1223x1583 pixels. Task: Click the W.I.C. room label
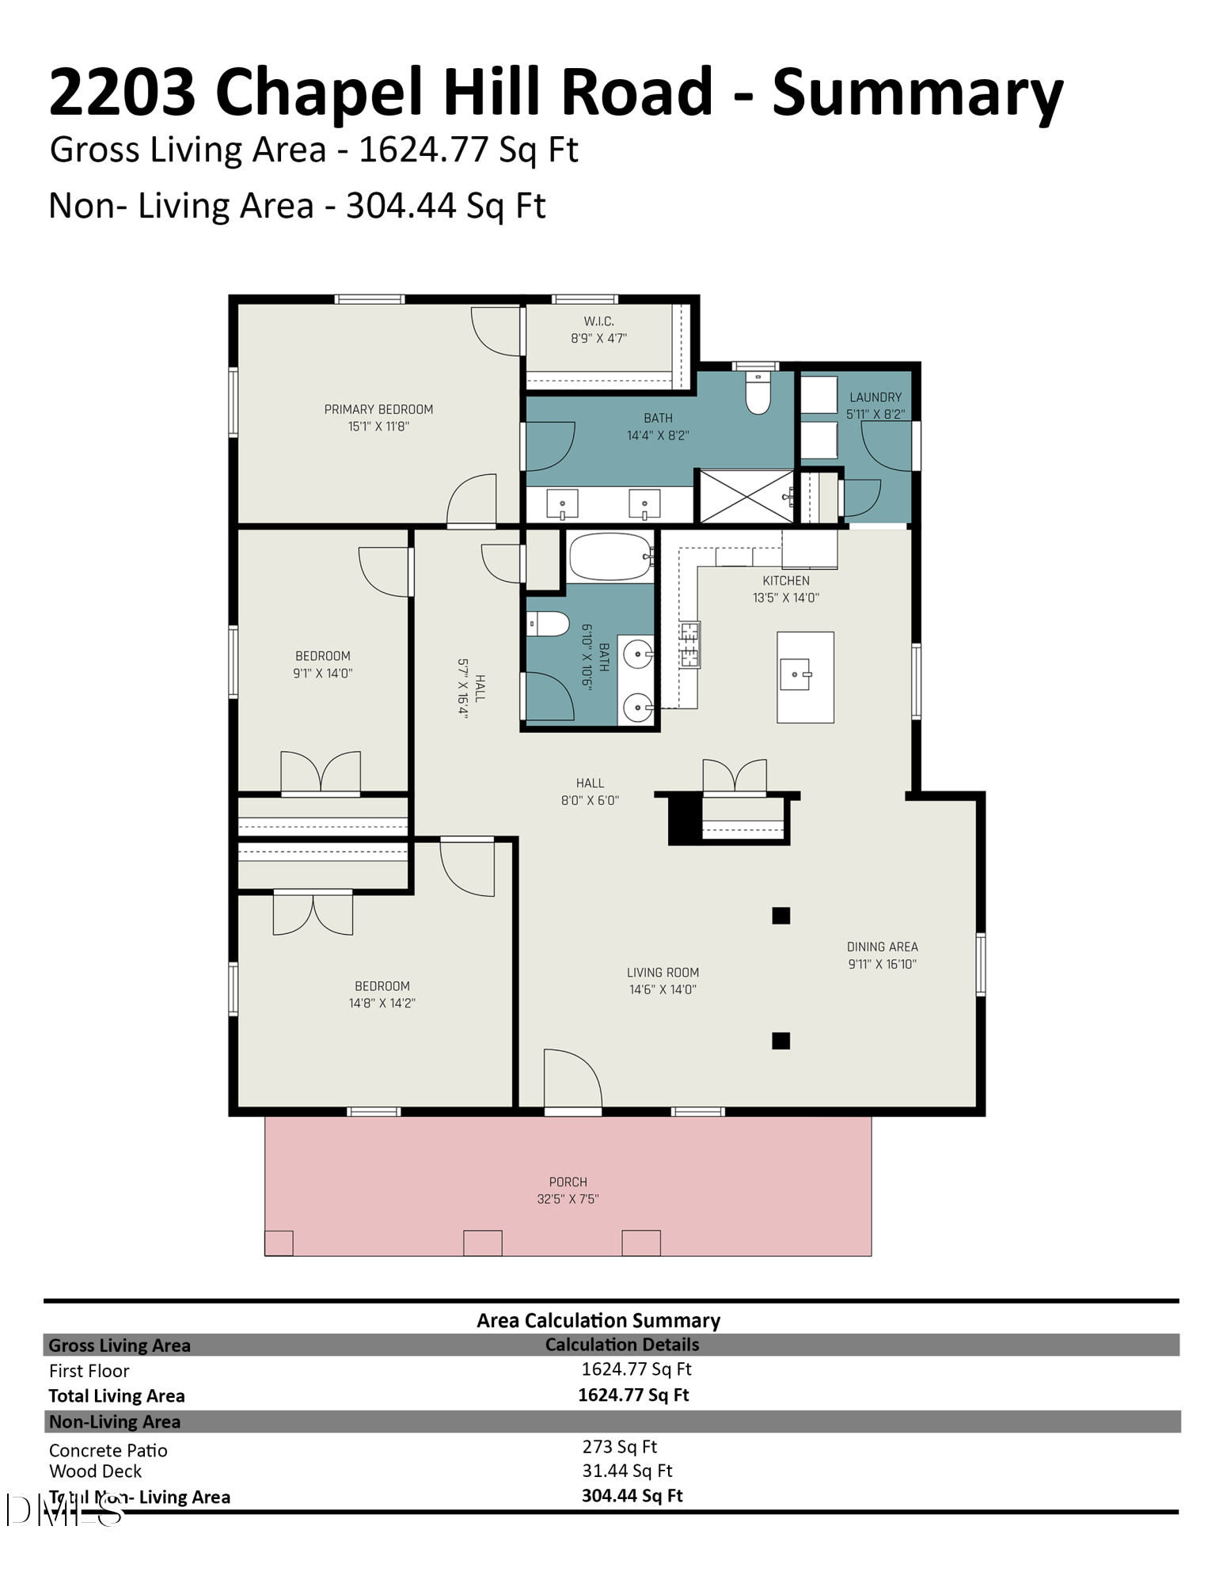[x=598, y=321]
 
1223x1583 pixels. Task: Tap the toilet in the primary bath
[x=758, y=393]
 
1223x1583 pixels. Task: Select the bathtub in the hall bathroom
[x=610, y=556]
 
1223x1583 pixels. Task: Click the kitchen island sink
[x=796, y=674]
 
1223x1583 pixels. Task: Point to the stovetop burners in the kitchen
[x=689, y=643]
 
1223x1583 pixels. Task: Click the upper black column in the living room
[x=781, y=916]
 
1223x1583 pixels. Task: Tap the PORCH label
[x=568, y=1182]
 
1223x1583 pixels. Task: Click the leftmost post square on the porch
[x=279, y=1243]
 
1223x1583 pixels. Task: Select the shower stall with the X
[x=746, y=497]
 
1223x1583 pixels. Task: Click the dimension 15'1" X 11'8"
[x=378, y=427]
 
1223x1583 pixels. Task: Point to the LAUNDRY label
[x=875, y=397]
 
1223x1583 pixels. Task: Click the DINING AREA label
[x=882, y=947]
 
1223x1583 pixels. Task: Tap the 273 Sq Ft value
[x=619, y=1447]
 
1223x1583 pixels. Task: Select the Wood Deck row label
[x=95, y=1471]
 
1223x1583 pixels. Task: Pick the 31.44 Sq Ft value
[x=627, y=1471]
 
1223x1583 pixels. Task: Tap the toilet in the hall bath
[x=549, y=624]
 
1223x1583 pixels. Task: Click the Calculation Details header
[x=621, y=1345]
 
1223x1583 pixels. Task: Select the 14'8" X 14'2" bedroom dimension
[x=382, y=1003]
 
